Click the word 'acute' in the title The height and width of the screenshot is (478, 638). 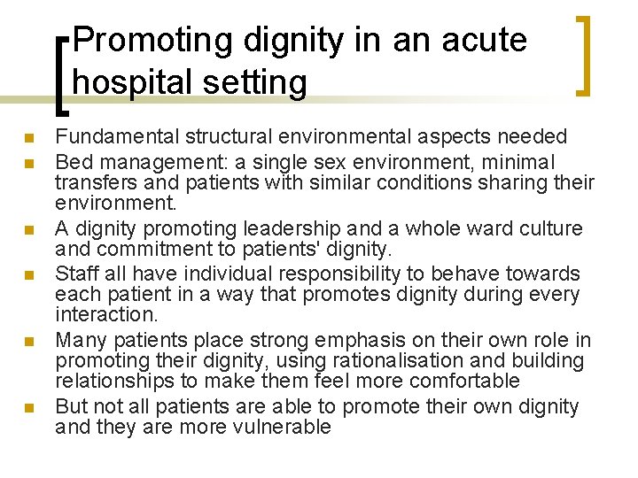(x=483, y=40)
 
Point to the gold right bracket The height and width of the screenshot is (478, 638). (x=584, y=55)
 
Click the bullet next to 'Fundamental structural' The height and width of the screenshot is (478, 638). (x=28, y=138)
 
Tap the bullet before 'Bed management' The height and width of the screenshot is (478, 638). (x=28, y=163)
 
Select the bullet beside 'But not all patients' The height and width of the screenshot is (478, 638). (x=28, y=408)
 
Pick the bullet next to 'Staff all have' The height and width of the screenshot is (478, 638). (x=28, y=274)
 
